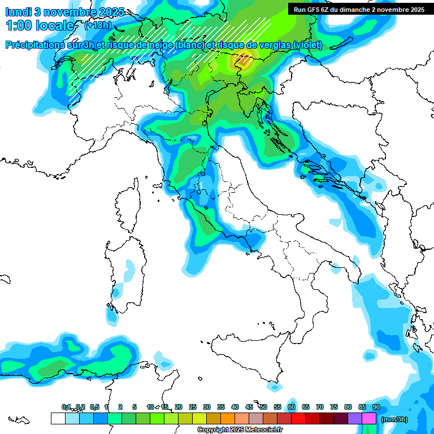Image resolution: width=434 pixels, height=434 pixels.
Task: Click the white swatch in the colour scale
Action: [x=58, y=418]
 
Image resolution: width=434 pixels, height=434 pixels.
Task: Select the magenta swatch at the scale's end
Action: [x=369, y=418]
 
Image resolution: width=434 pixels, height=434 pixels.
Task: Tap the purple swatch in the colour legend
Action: [x=355, y=418]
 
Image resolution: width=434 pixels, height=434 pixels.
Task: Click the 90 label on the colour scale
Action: [x=376, y=407]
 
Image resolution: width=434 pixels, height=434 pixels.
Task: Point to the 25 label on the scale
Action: [x=192, y=407]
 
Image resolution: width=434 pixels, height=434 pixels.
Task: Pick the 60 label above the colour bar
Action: [x=291, y=407]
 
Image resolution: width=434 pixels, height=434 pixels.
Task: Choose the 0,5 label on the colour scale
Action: [x=94, y=407]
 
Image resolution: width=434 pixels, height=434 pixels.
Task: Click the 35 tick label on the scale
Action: [x=220, y=407]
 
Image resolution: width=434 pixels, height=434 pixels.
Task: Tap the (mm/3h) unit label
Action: [x=394, y=419]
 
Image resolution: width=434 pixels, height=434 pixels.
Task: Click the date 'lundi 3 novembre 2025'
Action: [x=64, y=12]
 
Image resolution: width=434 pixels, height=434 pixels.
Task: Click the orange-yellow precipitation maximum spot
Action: [x=244, y=58]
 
